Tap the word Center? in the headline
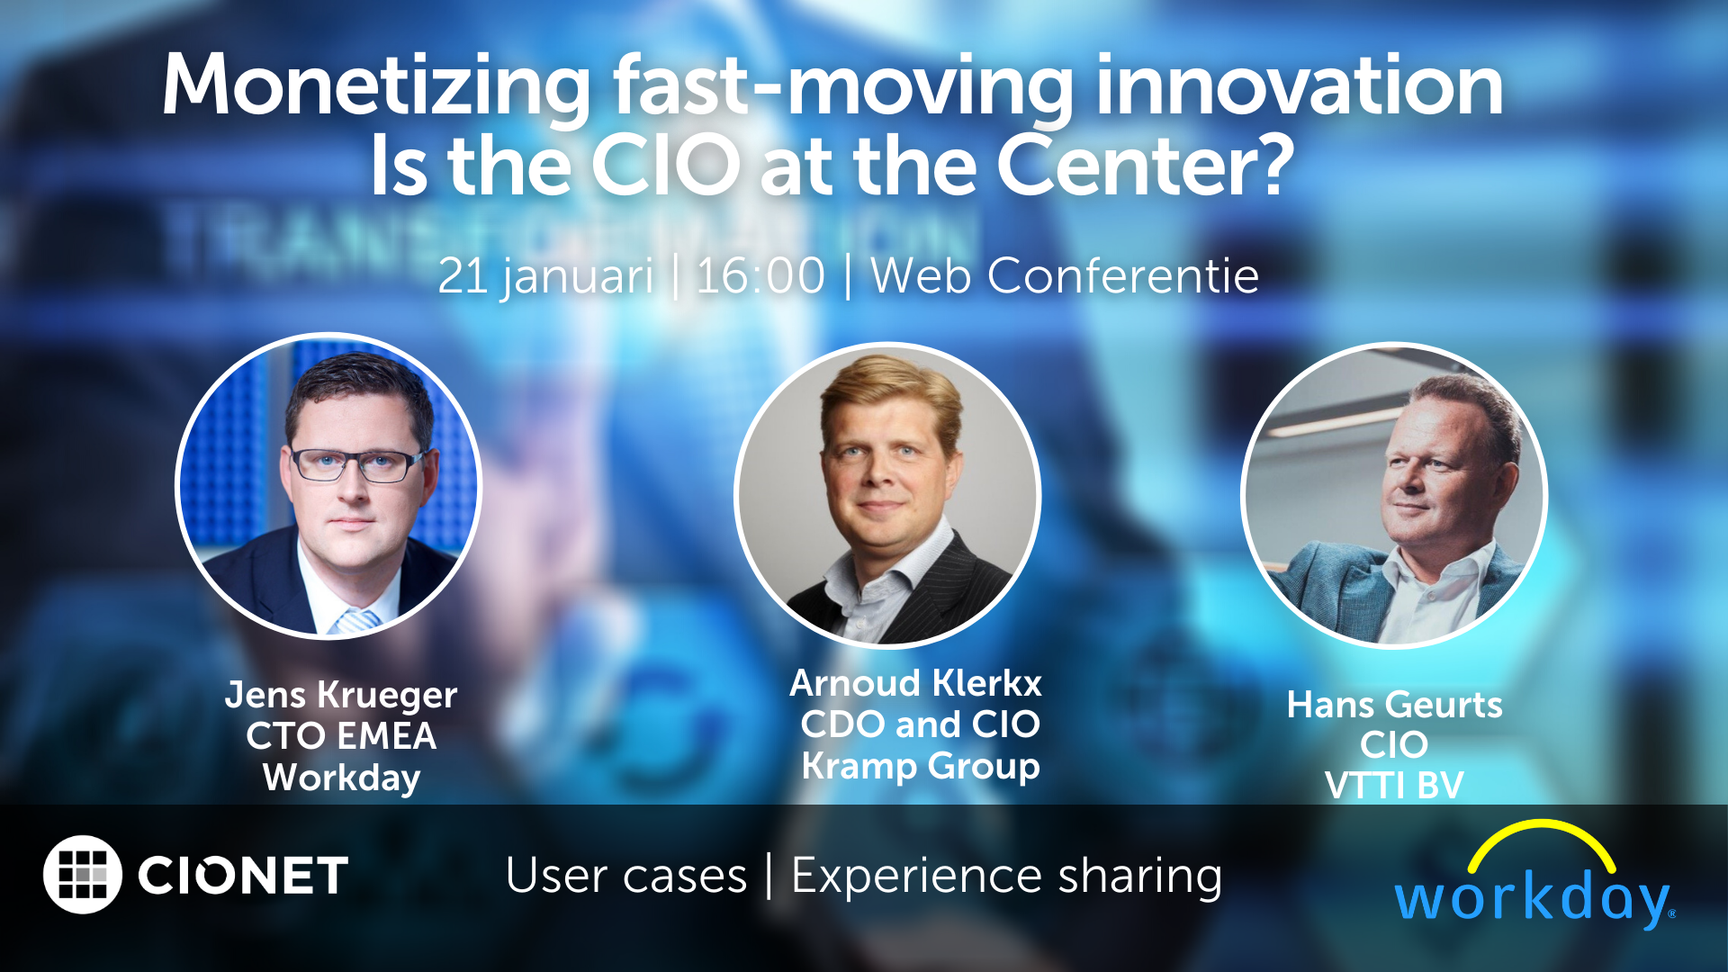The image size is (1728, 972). [x=1145, y=166]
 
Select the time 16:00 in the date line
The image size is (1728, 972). [x=760, y=275]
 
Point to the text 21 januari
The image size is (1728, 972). [x=545, y=275]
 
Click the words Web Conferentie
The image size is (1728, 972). [x=1064, y=275]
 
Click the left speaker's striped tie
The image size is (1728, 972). [x=357, y=621]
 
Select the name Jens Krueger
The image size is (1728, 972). [x=341, y=695]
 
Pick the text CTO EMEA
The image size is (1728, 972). [x=341, y=736]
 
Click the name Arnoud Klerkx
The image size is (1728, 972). [x=915, y=683]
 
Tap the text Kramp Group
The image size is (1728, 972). [x=920, y=766]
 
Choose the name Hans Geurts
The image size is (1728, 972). [x=1394, y=705]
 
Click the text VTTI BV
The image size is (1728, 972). [x=1394, y=785]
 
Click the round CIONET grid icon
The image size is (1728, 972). [x=83, y=875]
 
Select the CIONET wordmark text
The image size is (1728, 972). [x=243, y=876]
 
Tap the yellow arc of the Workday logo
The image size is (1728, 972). [x=1541, y=835]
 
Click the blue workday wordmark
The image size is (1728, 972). [x=1532, y=898]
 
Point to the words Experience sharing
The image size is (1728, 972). [x=1006, y=876]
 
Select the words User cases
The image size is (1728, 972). [x=626, y=876]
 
